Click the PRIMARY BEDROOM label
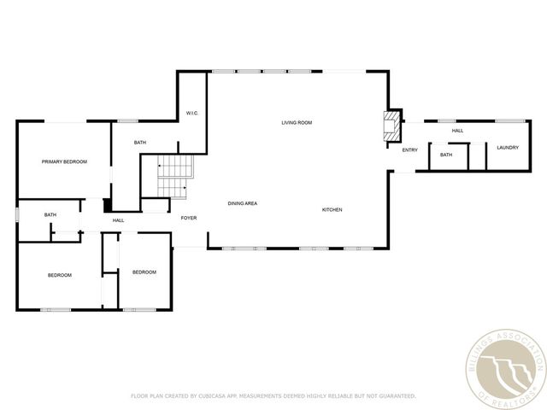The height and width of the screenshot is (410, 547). pyautogui.click(x=65, y=161)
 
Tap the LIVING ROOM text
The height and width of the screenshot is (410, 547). pyautogui.click(x=297, y=123)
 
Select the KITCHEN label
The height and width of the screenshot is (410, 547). pyautogui.click(x=332, y=210)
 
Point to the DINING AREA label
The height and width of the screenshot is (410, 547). pyautogui.click(x=243, y=203)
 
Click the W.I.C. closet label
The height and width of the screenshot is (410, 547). pyautogui.click(x=192, y=113)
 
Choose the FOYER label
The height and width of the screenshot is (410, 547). pyautogui.click(x=189, y=218)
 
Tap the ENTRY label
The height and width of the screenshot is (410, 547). pyautogui.click(x=410, y=150)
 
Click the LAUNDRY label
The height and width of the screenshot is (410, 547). pyautogui.click(x=508, y=148)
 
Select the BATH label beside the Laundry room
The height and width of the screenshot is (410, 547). pyautogui.click(x=446, y=155)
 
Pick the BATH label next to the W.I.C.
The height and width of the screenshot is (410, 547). pyautogui.click(x=140, y=142)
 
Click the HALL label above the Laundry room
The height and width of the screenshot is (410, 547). pyautogui.click(x=457, y=131)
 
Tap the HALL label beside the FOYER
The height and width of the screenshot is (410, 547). pyautogui.click(x=118, y=220)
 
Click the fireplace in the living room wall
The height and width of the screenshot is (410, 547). pyautogui.click(x=391, y=126)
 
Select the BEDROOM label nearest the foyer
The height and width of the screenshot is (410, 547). pyautogui.click(x=144, y=272)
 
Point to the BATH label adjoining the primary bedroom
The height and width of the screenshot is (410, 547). pyautogui.click(x=50, y=215)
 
